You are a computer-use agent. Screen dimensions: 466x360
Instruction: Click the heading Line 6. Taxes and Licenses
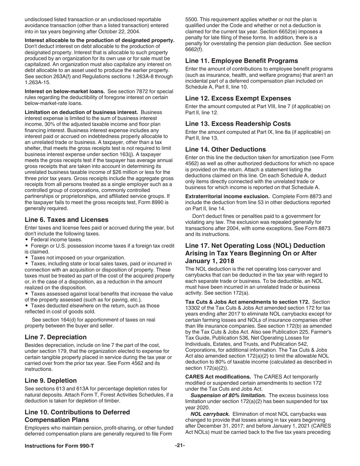point(66,220)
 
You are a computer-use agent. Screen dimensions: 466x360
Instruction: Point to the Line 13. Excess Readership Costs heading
point(238,124)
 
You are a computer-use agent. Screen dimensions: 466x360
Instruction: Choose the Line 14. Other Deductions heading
point(225,149)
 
